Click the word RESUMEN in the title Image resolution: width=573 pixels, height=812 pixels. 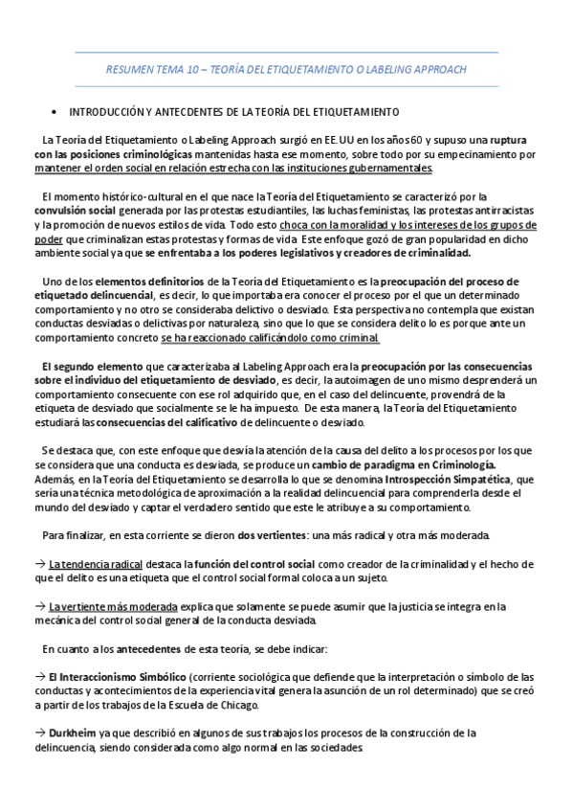point(128,70)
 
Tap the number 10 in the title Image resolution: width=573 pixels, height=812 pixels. point(187,70)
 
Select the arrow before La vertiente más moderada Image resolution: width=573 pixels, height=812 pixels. point(38,606)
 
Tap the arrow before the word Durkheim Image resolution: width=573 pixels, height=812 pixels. point(38,733)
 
